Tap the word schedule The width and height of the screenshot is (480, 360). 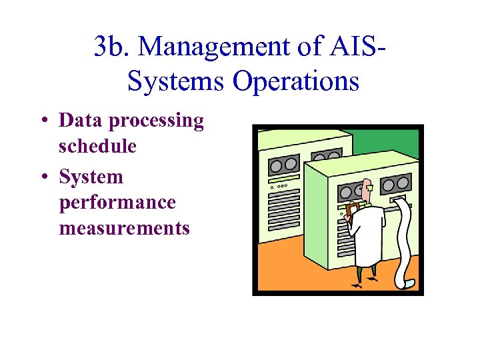(x=97, y=146)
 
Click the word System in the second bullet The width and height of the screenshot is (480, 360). (x=91, y=177)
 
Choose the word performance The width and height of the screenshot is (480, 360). (x=117, y=203)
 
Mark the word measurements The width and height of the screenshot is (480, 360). (x=124, y=228)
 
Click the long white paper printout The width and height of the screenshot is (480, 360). (x=404, y=240)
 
